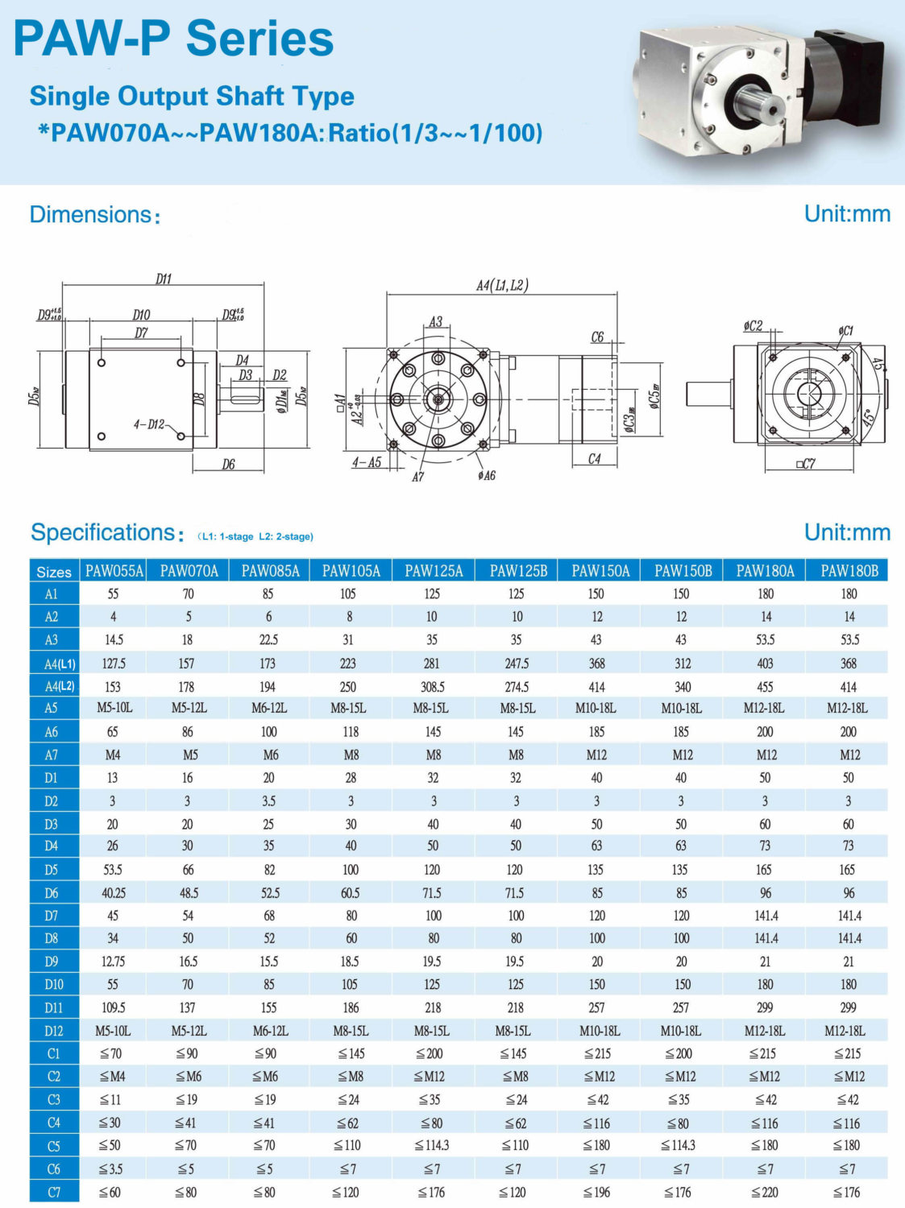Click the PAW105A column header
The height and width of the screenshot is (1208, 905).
pos(351,571)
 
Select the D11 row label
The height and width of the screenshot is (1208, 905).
pos(54,1007)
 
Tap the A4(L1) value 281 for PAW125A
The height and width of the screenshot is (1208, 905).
pos(432,664)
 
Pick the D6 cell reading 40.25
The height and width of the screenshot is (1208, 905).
pos(113,893)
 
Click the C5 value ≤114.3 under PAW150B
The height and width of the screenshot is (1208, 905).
pos(681,1145)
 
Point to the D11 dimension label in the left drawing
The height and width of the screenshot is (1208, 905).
pos(164,279)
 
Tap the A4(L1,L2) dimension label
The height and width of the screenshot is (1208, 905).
pos(502,285)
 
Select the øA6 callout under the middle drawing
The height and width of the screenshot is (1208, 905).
pos(486,476)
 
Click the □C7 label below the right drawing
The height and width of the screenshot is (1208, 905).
pos(805,464)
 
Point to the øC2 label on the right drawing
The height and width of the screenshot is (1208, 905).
pos(752,326)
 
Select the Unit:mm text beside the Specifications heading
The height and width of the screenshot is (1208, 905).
pos(847,532)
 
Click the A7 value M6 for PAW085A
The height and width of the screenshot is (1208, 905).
pos(270,755)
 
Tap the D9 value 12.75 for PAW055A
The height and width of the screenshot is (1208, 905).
pos(113,962)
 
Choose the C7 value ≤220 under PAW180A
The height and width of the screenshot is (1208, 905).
pos(765,1192)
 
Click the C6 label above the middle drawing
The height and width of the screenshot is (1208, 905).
pos(597,337)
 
